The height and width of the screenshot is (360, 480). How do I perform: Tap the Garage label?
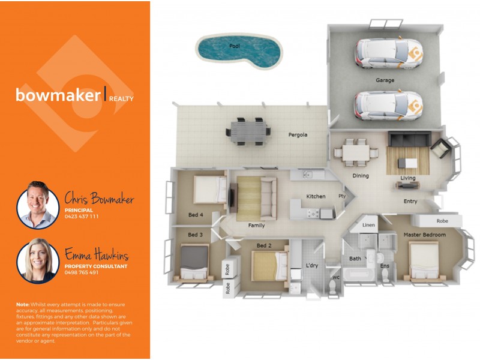[385, 80]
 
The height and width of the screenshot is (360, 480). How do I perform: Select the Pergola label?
[298, 135]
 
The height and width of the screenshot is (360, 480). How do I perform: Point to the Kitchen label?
[316, 196]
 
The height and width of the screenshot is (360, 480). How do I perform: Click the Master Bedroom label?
[424, 235]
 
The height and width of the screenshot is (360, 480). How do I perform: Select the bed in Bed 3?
[194, 263]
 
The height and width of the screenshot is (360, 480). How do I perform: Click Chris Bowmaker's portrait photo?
[37, 205]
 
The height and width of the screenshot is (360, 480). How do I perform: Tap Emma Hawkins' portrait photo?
[37, 260]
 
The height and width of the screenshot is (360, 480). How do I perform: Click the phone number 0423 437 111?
[82, 217]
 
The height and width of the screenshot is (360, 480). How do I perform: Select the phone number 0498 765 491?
[82, 272]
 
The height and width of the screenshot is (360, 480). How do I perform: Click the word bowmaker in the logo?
[58, 95]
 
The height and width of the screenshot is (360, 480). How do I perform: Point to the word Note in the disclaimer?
[23, 305]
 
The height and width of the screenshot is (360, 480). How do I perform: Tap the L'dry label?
[312, 265]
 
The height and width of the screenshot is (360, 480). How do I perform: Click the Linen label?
[370, 225]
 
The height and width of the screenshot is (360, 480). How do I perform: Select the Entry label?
[410, 202]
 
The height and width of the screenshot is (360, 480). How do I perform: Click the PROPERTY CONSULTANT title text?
[96, 266]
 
